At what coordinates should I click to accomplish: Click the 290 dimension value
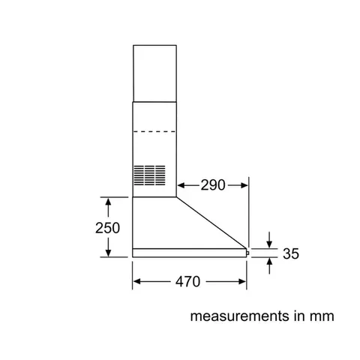(x=214, y=184)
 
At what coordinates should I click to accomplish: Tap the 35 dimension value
(x=289, y=254)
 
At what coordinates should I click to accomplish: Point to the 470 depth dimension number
(x=187, y=282)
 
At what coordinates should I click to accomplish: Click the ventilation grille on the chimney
(x=154, y=175)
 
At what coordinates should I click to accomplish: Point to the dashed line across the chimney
(x=157, y=133)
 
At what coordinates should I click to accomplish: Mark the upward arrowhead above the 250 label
(x=109, y=202)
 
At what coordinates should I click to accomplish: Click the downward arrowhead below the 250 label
(x=109, y=253)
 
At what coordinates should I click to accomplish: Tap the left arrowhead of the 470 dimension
(x=137, y=282)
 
